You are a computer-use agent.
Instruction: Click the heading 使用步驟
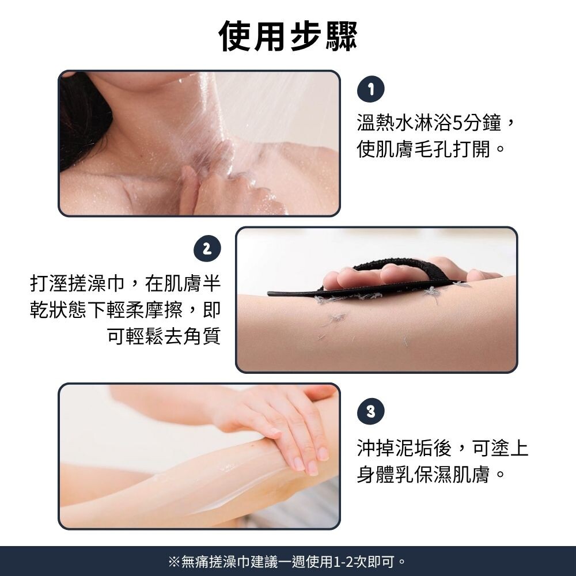tap(287, 36)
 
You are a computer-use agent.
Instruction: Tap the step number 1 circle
tap(370, 89)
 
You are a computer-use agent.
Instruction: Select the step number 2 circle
tap(207, 248)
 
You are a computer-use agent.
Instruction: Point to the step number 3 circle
tap(370, 411)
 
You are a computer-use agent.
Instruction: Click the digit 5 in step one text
tap(457, 123)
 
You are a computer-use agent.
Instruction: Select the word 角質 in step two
tap(202, 336)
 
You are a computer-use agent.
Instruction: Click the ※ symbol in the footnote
tap(174, 562)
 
